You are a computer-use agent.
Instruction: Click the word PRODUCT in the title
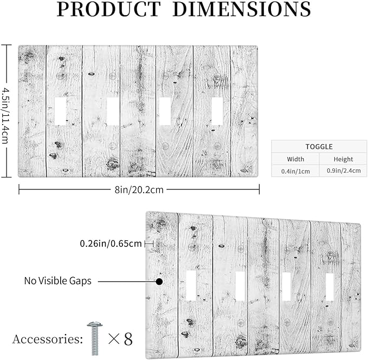tap(108, 9)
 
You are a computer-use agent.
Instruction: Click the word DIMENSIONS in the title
tap(242, 9)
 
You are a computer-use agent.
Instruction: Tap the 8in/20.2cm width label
tap(139, 189)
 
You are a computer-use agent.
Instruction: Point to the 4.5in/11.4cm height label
tap(6, 115)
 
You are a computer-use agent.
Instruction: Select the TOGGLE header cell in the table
tap(319, 147)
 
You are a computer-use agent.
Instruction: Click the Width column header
tap(295, 159)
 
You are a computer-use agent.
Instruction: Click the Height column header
tap(344, 159)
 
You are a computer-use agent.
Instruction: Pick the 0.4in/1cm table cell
tap(295, 171)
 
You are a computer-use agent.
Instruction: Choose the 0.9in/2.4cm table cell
tap(344, 171)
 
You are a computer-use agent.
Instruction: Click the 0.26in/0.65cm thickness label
tap(111, 244)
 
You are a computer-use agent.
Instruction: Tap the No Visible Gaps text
tap(58, 280)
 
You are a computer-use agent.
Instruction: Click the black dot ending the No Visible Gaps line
tap(159, 282)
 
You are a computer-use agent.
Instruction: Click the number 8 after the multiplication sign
tap(128, 339)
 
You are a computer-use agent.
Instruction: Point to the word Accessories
tap(47, 339)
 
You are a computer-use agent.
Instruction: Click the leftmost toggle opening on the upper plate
tap(60, 112)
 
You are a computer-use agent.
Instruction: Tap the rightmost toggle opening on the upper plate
tap(217, 112)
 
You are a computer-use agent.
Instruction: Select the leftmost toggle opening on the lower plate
tap(191, 286)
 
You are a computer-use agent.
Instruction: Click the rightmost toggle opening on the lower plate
tap(330, 287)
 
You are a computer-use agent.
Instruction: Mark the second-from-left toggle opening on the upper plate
tap(113, 112)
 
